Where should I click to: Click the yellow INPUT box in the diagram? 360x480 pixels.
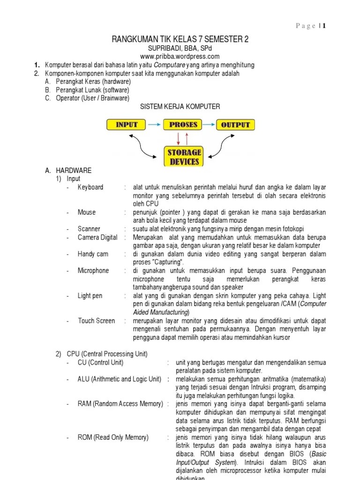coord(127,125)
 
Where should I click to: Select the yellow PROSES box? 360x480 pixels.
coord(183,125)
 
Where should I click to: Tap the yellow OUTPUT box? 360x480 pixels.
coord(236,125)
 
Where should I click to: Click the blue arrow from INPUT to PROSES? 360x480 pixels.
coord(154,125)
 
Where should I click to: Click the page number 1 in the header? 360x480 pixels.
coord(323,26)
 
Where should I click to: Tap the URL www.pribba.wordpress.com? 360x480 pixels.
coord(180,57)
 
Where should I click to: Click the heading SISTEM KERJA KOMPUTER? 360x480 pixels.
coord(180,107)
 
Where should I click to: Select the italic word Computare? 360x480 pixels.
coord(170,65)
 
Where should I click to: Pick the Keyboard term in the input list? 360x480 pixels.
coord(90,187)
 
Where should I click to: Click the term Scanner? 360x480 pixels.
coord(89,229)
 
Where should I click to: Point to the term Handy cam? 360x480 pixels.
coord(93,254)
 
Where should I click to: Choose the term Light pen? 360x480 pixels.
coord(90,296)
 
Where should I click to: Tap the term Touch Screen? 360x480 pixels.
coord(96,321)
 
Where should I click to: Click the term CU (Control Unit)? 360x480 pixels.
coord(100,363)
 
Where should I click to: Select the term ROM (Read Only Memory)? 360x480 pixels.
coord(113,437)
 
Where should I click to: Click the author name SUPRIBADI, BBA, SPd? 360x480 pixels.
coord(180,49)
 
